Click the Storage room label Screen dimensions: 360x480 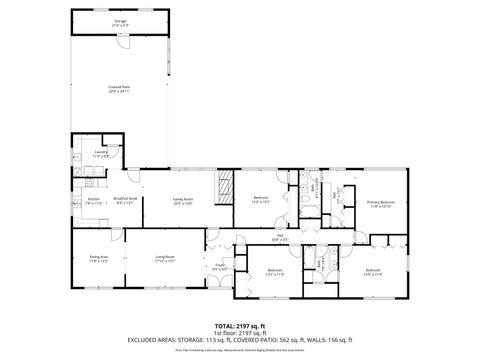click(120, 20)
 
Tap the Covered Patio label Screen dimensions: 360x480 click(120, 88)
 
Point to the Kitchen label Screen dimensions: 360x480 click(93, 201)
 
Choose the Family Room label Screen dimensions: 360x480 click(182, 201)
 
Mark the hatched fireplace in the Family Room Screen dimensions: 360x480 click(225, 184)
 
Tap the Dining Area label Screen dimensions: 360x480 click(98, 259)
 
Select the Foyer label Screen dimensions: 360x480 click(219, 267)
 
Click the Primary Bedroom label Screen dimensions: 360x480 click(380, 203)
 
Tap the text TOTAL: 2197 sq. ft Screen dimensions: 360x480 click(239, 326)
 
